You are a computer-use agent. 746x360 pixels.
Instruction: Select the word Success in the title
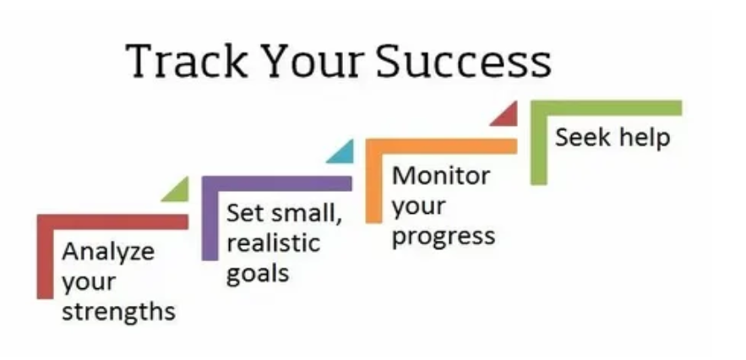[463, 61]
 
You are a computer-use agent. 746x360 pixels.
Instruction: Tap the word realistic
[273, 243]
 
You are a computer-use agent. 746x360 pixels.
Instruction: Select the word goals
[258, 274]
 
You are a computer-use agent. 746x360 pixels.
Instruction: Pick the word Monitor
[441, 176]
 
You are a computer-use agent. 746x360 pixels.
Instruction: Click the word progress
[443, 236]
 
